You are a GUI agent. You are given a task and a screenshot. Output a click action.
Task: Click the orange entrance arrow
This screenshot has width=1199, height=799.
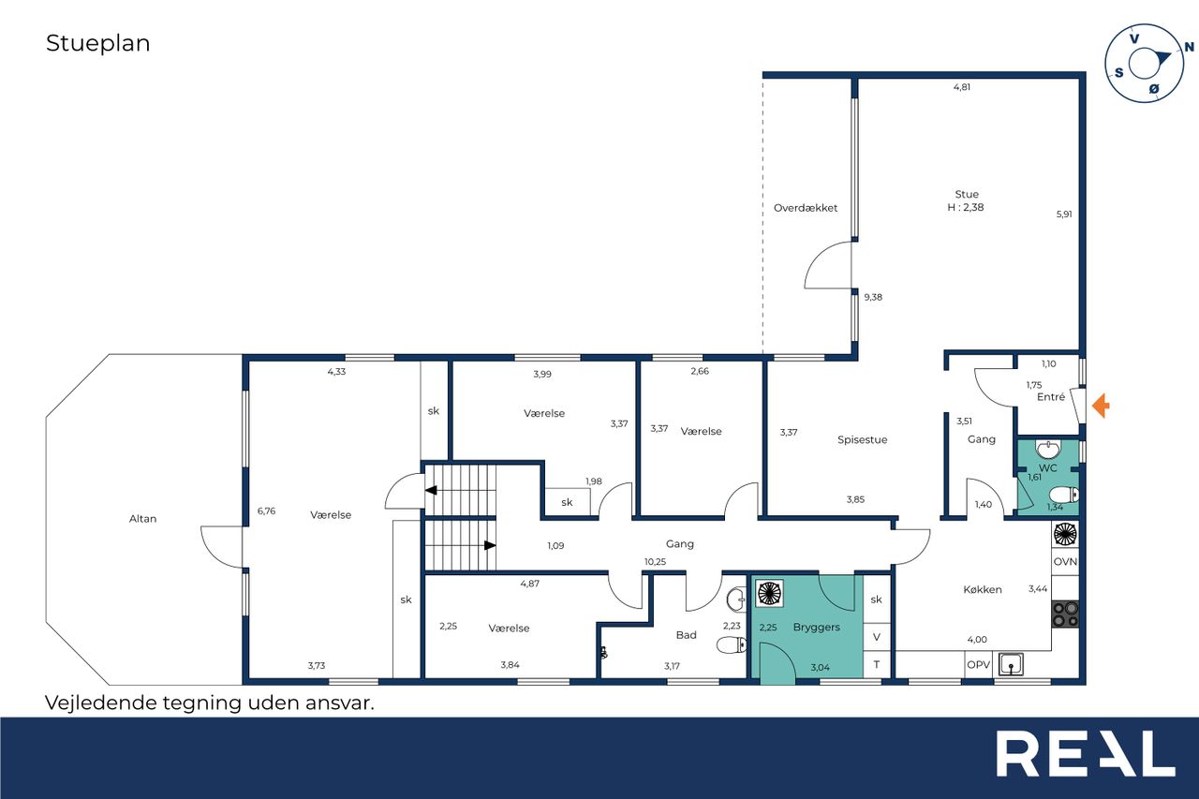point(1101,406)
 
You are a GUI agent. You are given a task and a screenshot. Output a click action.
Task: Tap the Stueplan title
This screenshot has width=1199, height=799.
point(98,43)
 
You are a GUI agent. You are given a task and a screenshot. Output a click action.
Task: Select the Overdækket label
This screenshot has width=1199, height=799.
point(805,208)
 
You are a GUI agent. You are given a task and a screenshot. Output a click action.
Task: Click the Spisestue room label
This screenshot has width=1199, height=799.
point(863,440)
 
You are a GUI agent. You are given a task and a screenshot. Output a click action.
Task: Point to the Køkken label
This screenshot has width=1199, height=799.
point(983,589)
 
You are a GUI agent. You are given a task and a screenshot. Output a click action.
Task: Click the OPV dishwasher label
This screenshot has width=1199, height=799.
point(979,665)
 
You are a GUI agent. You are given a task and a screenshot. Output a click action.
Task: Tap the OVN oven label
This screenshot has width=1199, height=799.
point(1065,561)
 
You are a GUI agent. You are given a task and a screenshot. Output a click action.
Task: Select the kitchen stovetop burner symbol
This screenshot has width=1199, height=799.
point(1065,614)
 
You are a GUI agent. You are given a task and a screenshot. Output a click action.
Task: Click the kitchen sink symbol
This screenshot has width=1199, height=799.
point(1011,664)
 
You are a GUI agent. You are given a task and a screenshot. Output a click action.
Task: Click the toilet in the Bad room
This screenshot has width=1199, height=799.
point(732,644)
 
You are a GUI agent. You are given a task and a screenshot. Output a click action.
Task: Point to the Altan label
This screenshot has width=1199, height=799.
point(143,519)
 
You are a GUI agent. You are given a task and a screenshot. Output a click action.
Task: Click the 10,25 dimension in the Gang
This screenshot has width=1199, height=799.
point(655,561)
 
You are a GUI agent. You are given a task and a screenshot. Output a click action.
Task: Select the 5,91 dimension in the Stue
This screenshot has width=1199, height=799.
point(1064,215)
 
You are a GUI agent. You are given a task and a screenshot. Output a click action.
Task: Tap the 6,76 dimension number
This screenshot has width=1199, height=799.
point(267,511)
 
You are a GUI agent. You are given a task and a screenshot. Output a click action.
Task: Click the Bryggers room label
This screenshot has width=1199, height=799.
point(816,628)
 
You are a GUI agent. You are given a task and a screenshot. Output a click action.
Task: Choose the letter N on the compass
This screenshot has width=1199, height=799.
point(1190,47)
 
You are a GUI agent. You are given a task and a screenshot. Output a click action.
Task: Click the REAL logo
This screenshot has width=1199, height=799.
point(1086,753)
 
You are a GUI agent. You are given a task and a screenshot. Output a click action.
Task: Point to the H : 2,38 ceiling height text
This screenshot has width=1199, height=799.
point(966,207)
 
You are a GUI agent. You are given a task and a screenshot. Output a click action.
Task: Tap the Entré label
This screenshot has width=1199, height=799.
point(1051,396)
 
